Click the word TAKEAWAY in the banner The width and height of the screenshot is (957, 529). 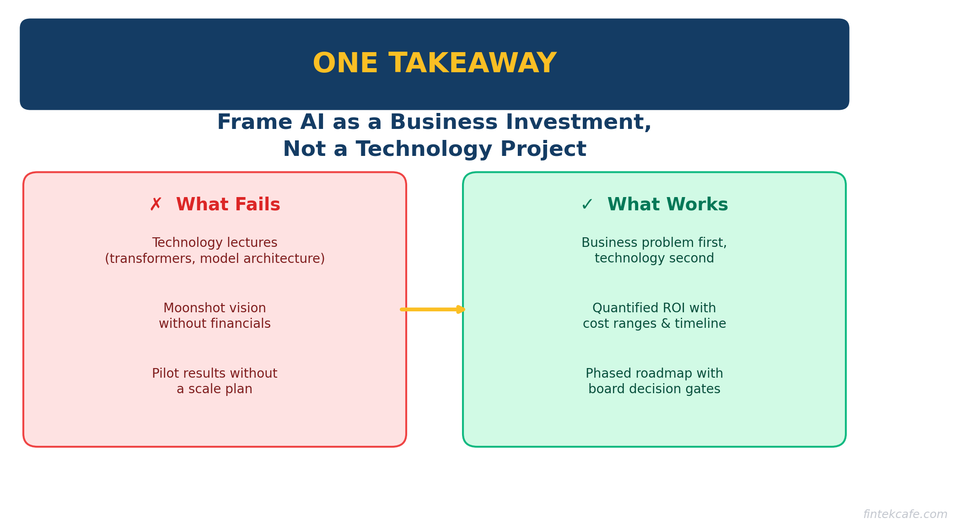coord(472,64)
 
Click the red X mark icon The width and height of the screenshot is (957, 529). coord(156,205)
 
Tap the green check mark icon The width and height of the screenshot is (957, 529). coord(586,205)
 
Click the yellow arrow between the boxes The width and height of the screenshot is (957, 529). coord(433,310)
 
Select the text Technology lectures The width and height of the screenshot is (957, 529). coord(215,243)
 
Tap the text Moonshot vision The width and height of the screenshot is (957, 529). coord(215,308)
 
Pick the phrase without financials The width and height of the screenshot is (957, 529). coord(215,324)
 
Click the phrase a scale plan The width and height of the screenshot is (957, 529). coord(215,389)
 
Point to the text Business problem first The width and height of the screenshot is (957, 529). coord(654,243)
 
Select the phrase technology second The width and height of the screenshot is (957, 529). coord(654,258)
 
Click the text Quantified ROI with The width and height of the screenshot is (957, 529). coord(654,308)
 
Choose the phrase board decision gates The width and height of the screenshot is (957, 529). coord(654,389)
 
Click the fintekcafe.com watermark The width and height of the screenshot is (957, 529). coord(905,514)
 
